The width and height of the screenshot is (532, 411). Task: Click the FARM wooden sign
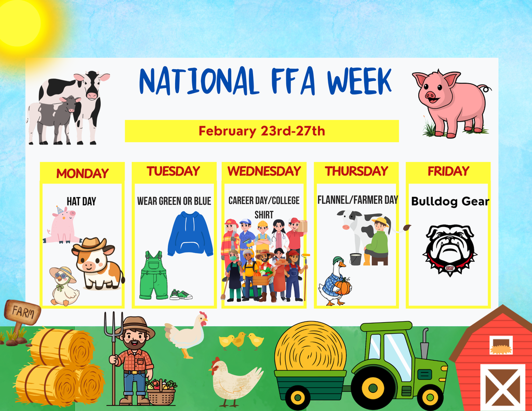click(22, 312)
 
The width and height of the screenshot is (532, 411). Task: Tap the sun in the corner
click(21, 23)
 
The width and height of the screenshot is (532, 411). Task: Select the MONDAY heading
click(82, 174)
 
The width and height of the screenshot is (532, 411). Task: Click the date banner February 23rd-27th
click(261, 131)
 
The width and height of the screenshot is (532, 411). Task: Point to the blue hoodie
click(190, 234)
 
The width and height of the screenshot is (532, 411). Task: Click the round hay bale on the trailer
click(310, 347)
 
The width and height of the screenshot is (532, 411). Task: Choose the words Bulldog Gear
click(450, 202)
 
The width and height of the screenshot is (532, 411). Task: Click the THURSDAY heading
click(356, 171)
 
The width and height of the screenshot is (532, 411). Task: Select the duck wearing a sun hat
click(64, 286)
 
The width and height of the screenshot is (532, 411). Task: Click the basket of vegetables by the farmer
click(161, 392)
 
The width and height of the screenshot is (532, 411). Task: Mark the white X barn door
click(502, 387)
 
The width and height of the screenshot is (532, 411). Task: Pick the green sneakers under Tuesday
click(181, 295)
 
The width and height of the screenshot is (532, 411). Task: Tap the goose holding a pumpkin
click(332, 282)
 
